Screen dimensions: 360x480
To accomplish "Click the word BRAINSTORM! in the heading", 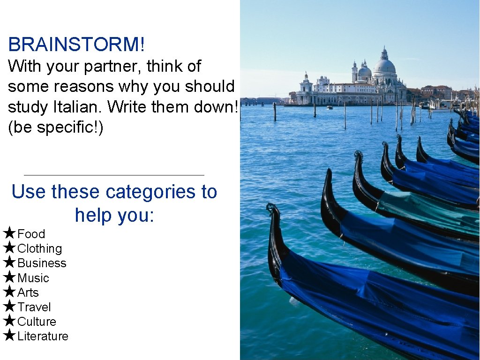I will tap(76, 45).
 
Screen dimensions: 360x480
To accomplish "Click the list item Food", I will tap(31, 234).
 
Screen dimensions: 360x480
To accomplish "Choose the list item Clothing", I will tap(39, 248).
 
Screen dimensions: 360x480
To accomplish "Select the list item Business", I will tap(42, 263).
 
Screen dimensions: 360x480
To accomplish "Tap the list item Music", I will tap(33, 278).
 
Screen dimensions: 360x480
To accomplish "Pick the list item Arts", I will tap(28, 292).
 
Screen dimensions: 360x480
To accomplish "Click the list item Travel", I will tap(34, 307).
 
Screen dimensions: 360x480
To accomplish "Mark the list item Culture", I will tap(37, 322).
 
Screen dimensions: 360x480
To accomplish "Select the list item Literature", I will tap(43, 336).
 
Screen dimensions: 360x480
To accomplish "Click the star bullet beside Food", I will tap(9, 233).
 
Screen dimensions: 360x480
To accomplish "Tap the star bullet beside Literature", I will tap(9, 335).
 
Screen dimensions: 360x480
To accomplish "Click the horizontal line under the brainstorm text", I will tap(114, 175).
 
